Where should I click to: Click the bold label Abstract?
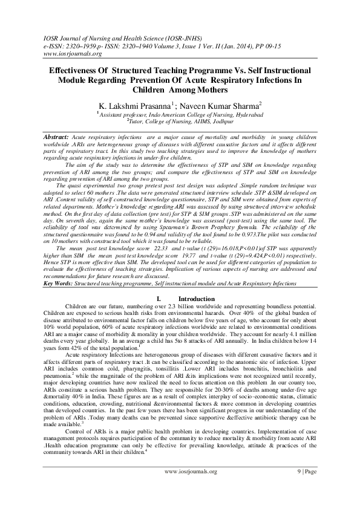[x=55, y=138]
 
